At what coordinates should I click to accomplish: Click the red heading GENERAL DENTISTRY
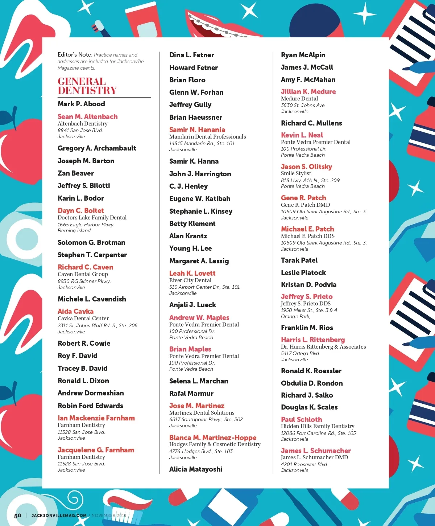(87, 86)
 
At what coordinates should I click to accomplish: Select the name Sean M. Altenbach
(87, 116)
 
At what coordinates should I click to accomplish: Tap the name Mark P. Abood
(81, 104)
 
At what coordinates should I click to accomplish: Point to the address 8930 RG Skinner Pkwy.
(84, 281)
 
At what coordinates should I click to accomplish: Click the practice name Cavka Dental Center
(83, 319)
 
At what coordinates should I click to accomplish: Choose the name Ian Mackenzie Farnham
(96, 418)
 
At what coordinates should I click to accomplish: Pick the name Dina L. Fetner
(191, 55)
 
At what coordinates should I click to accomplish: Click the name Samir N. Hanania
(197, 130)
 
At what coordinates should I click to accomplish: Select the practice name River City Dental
(190, 280)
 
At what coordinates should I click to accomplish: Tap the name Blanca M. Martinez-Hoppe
(213, 438)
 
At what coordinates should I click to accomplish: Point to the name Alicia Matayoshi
(196, 469)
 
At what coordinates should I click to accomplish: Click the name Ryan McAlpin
(303, 55)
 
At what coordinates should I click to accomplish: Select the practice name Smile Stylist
(296, 173)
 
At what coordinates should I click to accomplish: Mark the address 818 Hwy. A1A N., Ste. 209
(310, 180)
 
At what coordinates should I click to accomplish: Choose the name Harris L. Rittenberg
(313, 340)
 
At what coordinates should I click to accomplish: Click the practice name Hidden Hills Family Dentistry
(318, 426)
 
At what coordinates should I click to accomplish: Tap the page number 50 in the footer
(18, 515)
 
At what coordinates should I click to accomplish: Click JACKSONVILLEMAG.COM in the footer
(59, 515)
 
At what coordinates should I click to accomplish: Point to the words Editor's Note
(75, 55)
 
